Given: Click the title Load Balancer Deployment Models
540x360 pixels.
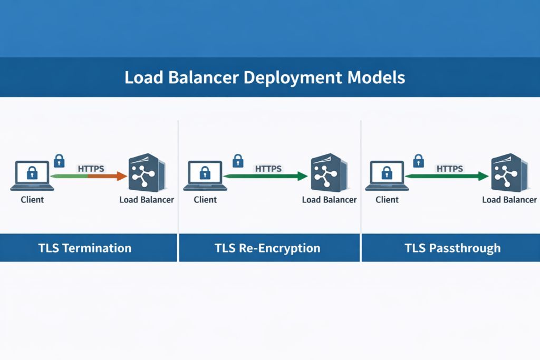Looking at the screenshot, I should (x=265, y=77).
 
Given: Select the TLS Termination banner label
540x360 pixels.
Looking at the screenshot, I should (x=85, y=248).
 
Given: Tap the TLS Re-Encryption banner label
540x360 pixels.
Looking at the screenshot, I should (x=267, y=248).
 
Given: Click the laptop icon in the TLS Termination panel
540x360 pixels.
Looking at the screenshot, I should (x=32, y=176).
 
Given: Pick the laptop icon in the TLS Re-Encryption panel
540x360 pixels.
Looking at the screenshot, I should (x=205, y=176).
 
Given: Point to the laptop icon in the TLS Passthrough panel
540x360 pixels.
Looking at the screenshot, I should (x=387, y=176).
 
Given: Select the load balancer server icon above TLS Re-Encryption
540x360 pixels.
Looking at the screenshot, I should (x=329, y=173).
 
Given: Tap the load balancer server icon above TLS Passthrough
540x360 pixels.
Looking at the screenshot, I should (x=509, y=173).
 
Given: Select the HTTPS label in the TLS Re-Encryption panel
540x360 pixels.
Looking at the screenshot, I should (x=268, y=169).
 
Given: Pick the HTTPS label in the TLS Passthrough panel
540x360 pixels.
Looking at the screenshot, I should (x=449, y=169).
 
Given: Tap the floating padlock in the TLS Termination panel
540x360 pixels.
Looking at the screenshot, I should (x=59, y=160).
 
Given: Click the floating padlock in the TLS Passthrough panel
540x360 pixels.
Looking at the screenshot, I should (x=419, y=160).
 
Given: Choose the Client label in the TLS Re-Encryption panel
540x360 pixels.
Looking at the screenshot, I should (x=205, y=200).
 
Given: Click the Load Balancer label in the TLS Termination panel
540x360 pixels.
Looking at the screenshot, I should (x=147, y=200).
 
